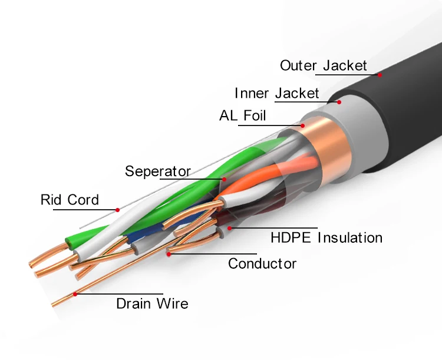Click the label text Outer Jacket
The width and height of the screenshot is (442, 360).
(x=323, y=65)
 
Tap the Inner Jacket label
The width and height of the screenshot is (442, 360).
(x=276, y=93)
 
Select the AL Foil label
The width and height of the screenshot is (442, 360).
(x=242, y=115)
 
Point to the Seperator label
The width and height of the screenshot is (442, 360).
(x=157, y=171)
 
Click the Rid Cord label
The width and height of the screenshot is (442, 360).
(x=70, y=200)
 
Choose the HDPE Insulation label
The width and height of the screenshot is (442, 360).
(x=326, y=238)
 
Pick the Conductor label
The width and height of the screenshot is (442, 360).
(x=262, y=263)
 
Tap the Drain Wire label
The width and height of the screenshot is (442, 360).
(x=152, y=304)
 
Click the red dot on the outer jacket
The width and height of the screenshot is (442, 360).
(x=380, y=75)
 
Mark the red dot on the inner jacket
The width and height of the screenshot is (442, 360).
(x=340, y=101)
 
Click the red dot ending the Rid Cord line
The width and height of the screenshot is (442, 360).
(x=118, y=209)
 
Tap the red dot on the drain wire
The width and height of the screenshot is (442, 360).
(x=75, y=293)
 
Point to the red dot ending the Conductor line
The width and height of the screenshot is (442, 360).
(x=169, y=254)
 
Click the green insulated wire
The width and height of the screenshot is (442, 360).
(x=177, y=194)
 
